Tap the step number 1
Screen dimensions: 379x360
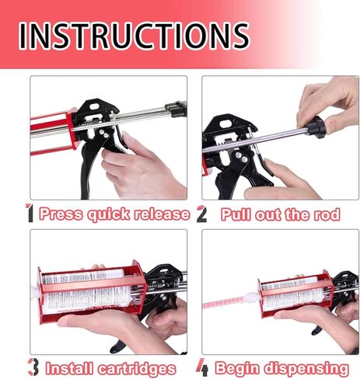click(x=30, y=214)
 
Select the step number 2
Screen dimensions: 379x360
click(x=201, y=214)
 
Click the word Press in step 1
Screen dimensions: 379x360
click(x=61, y=214)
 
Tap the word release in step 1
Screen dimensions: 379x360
click(x=162, y=214)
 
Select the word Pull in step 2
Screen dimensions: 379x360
click(x=237, y=214)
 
